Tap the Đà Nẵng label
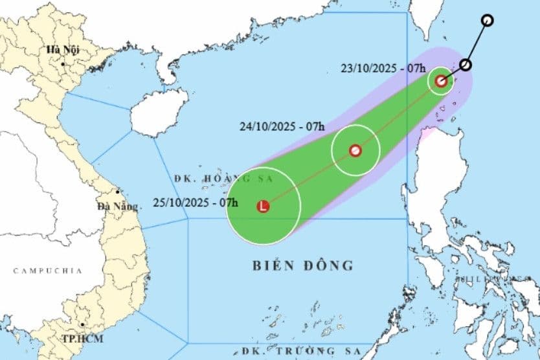[x=118, y=207]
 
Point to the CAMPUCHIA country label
[x=48, y=271]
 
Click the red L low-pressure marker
[x=263, y=207]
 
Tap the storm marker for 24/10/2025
[x=355, y=151]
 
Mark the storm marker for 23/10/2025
[x=441, y=81]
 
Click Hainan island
[x=158, y=111]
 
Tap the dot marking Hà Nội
[x=63, y=63]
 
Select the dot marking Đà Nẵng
[x=117, y=192]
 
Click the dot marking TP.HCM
[x=82, y=325]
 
